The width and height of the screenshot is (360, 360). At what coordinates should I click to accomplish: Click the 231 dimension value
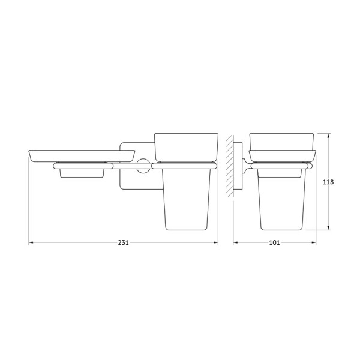coord(123,242)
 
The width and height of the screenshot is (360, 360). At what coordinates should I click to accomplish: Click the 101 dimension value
coord(274,242)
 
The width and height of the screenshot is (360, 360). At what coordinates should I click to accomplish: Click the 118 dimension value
coord(328,182)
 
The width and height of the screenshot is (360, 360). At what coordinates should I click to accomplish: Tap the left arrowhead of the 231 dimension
coord(31,242)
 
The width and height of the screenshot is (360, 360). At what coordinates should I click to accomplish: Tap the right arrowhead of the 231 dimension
coord(215,242)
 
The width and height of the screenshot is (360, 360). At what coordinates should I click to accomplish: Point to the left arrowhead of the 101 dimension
coord(236,242)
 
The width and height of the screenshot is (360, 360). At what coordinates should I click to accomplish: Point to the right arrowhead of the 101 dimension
coord(313,242)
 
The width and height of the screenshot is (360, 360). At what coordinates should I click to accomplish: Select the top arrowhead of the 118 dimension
coord(329,136)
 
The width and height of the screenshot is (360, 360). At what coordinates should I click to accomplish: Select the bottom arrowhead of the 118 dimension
coord(329,227)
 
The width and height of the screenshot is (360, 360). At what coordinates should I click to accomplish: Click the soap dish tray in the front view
coord(82,156)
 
